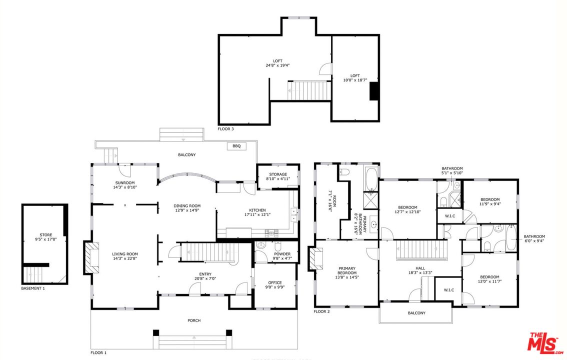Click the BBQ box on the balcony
point(236,146)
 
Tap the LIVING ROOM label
point(124,254)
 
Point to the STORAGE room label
point(277,174)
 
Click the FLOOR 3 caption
point(225,128)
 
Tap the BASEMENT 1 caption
point(33,288)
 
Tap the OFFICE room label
point(274,282)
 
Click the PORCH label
point(194,320)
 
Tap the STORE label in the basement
point(46,234)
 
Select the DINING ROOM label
point(187,205)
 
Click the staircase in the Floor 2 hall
point(421,250)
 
